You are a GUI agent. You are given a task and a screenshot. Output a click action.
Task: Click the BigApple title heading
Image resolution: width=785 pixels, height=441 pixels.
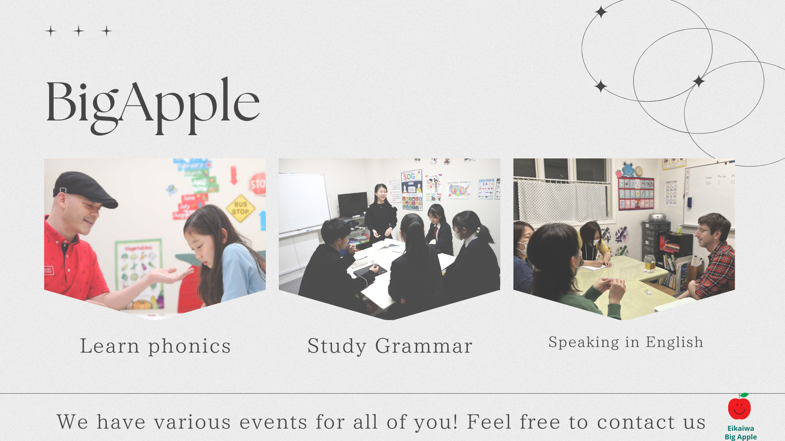153,105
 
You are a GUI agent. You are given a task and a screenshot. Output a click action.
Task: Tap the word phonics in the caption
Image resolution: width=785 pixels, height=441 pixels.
189,347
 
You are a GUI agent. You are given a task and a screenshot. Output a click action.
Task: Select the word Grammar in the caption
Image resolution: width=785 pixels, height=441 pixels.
424,347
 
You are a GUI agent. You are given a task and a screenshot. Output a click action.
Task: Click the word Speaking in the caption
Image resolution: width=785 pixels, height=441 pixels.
583,343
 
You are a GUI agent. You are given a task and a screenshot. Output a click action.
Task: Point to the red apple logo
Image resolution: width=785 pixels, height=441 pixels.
740,407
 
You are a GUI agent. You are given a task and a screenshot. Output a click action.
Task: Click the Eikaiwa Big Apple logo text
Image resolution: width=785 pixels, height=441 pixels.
741,432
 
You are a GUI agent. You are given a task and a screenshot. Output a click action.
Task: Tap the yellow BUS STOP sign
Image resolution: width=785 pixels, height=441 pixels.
241,208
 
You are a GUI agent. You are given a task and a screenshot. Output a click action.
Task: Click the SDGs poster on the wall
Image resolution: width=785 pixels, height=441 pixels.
412,190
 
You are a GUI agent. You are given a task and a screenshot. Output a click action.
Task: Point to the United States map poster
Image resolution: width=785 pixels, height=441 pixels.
459,190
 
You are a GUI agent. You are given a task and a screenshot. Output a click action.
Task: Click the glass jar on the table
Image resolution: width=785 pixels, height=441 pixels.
650,263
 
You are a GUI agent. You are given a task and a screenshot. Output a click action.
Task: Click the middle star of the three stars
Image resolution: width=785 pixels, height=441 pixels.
79,31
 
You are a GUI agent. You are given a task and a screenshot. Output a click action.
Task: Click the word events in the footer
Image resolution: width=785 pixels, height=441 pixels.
273,423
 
